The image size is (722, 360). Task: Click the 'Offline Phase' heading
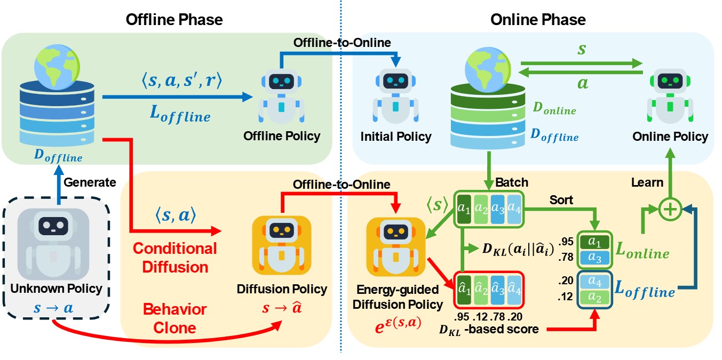pos(174,20)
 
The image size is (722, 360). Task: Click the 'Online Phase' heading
pos(538,20)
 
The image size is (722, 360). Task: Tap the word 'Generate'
pos(90,182)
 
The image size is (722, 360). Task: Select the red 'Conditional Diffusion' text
pos(175,257)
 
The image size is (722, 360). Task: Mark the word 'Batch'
pos(512,182)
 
